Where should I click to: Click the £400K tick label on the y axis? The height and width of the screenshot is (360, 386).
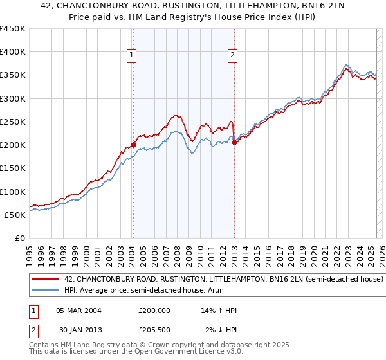[13, 52]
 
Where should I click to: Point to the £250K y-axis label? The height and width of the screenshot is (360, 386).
[13, 122]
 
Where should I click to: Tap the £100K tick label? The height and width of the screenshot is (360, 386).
[13, 192]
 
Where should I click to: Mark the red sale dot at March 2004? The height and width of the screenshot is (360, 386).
[133, 145]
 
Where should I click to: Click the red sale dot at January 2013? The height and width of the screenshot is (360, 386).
[234, 142]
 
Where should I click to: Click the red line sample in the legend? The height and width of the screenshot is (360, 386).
[46, 280]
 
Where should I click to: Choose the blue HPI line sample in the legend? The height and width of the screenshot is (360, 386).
[46, 290]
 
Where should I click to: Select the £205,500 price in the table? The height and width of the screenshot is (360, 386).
[154, 330]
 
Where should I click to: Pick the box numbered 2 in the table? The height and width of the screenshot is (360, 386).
[33, 330]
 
